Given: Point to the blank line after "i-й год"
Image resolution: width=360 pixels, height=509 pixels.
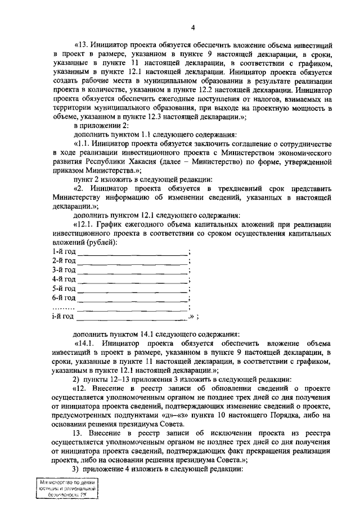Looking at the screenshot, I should click(x=132, y=317).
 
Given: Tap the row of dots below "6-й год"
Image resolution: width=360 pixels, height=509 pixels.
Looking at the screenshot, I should click(x=62, y=308).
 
